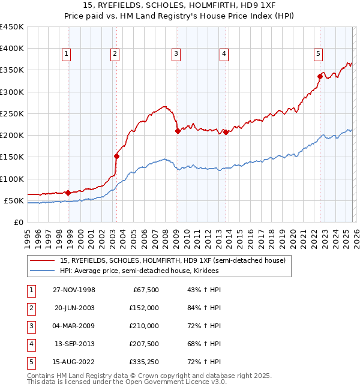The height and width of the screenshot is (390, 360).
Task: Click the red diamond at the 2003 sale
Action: tap(116, 156)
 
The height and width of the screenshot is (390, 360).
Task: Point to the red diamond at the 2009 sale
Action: tap(177, 131)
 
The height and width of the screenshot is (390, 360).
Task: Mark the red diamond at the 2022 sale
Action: tap(320, 76)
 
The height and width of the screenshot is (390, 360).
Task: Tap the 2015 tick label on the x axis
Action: tap(239, 234)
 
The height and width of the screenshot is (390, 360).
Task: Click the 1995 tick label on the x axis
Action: tap(28, 234)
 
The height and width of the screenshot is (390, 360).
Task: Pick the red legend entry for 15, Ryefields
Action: tap(173, 260)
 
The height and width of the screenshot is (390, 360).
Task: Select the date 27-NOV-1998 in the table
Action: tap(74, 290)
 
